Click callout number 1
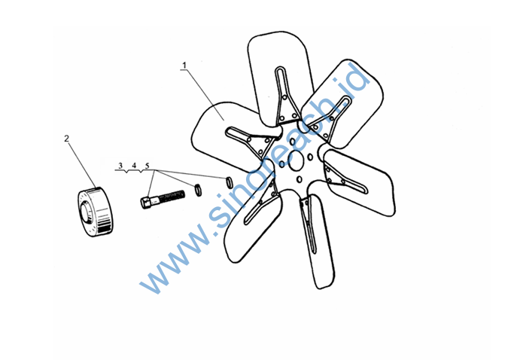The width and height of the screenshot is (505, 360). click(184, 66)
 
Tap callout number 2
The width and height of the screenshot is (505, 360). click(67, 139)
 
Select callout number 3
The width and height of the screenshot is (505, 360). click(120, 166)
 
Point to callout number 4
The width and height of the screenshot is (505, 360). click(134, 166)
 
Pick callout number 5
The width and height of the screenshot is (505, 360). click(148, 166)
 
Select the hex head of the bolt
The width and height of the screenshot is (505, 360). click(145, 203)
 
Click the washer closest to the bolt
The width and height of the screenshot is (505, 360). click(198, 190)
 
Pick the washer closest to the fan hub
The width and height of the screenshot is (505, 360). click(230, 182)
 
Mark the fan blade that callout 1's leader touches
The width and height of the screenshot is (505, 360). click(226, 136)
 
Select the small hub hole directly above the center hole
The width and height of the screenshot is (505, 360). click(293, 142)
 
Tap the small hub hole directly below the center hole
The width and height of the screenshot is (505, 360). click(300, 179)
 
